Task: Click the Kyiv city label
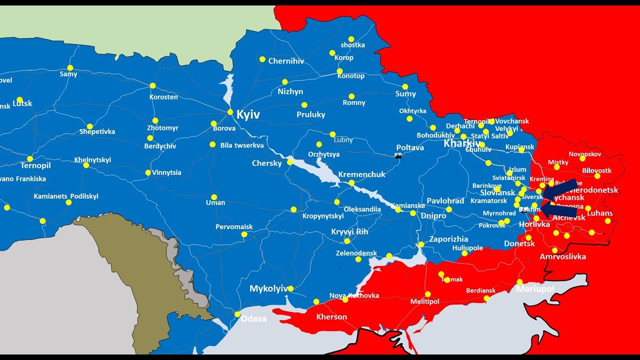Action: (248, 115)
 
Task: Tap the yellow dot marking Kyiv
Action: (230, 112)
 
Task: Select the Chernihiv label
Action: (286, 61)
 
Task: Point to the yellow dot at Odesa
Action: (237, 314)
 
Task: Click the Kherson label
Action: (331, 317)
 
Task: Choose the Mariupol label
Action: (535, 289)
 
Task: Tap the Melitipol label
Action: (424, 301)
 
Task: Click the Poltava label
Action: (410, 147)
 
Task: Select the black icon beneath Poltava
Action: (398, 156)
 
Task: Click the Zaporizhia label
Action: (448, 239)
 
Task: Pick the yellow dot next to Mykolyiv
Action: (290, 288)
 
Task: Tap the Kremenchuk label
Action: (362, 174)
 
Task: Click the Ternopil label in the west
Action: (36, 165)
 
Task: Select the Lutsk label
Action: (22, 103)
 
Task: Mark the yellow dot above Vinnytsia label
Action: (148, 172)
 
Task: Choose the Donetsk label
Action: (519, 244)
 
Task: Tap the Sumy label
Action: (405, 94)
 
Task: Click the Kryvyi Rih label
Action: (349, 232)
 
